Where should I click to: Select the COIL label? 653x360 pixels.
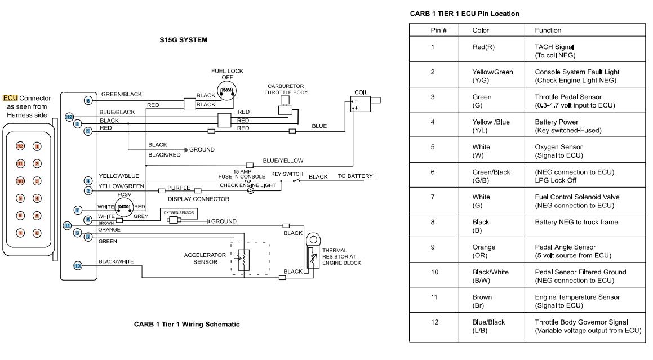click(x=361, y=92)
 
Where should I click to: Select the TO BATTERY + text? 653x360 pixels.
click(x=357, y=176)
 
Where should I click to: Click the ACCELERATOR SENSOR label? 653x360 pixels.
click(x=205, y=258)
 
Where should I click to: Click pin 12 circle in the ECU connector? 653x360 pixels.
click(x=20, y=146)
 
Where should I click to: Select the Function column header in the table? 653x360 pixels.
click(x=547, y=30)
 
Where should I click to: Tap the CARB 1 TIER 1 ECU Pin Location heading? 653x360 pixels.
click(x=464, y=13)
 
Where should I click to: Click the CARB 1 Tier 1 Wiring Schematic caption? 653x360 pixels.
click(x=187, y=324)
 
